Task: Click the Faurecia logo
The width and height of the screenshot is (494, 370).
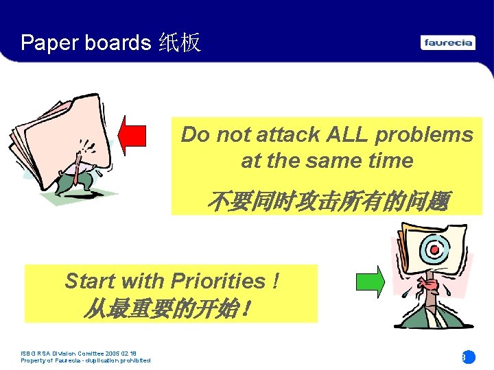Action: tap(448, 42)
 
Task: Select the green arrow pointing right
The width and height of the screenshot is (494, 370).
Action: tap(370, 282)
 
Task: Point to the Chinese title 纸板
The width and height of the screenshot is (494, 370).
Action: tap(179, 42)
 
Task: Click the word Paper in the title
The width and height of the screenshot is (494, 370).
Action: tap(49, 42)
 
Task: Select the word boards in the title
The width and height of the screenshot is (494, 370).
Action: tap(117, 42)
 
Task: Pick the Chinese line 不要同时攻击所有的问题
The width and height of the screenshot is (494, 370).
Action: tap(327, 201)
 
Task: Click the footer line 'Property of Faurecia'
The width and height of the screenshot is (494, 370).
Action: tap(86, 360)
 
